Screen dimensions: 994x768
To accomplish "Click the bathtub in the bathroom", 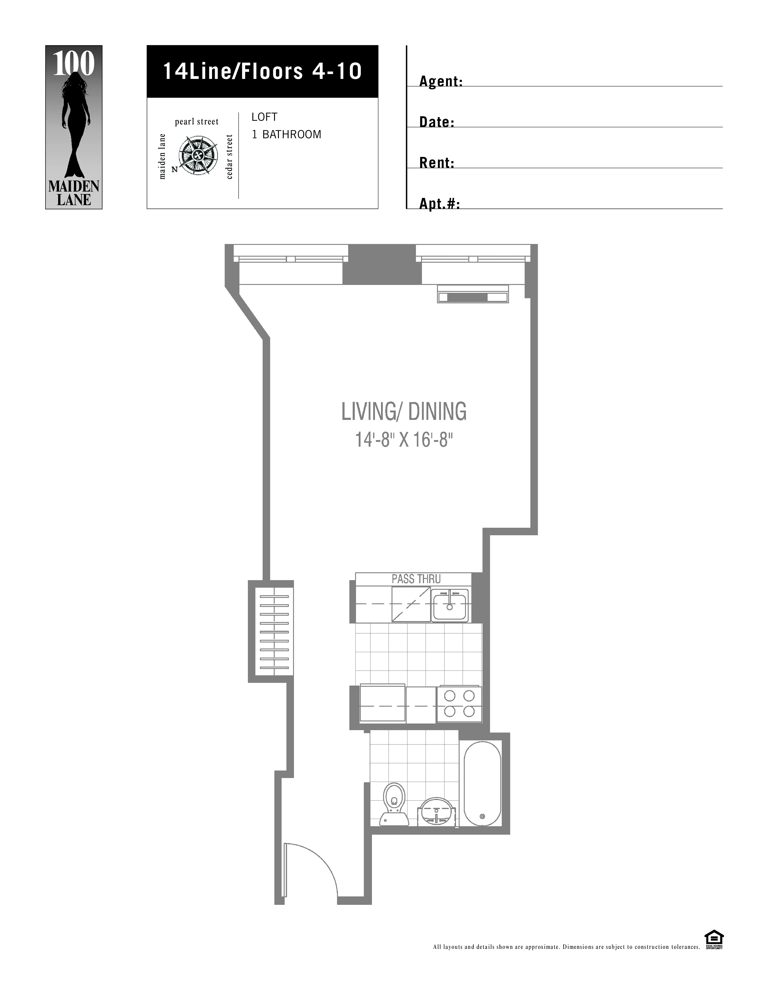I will pyautogui.click(x=482, y=783).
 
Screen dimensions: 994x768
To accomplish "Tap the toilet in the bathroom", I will pyautogui.click(x=394, y=804).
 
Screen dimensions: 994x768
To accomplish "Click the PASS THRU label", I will pyautogui.click(x=416, y=579).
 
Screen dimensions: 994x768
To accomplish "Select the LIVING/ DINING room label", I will pyautogui.click(x=404, y=411).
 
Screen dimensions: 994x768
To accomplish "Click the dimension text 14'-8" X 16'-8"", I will pyautogui.click(x=404, y=440).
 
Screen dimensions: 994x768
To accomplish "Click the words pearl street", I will pyautogui.click(x=197, y=121).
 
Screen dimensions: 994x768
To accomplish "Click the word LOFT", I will pyautogui.click(x=264, y=117).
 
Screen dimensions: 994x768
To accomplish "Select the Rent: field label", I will pyautogui.click(x=436, y=163).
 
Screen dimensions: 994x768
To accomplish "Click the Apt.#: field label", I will pyautogui.click(x=439, y=204).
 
